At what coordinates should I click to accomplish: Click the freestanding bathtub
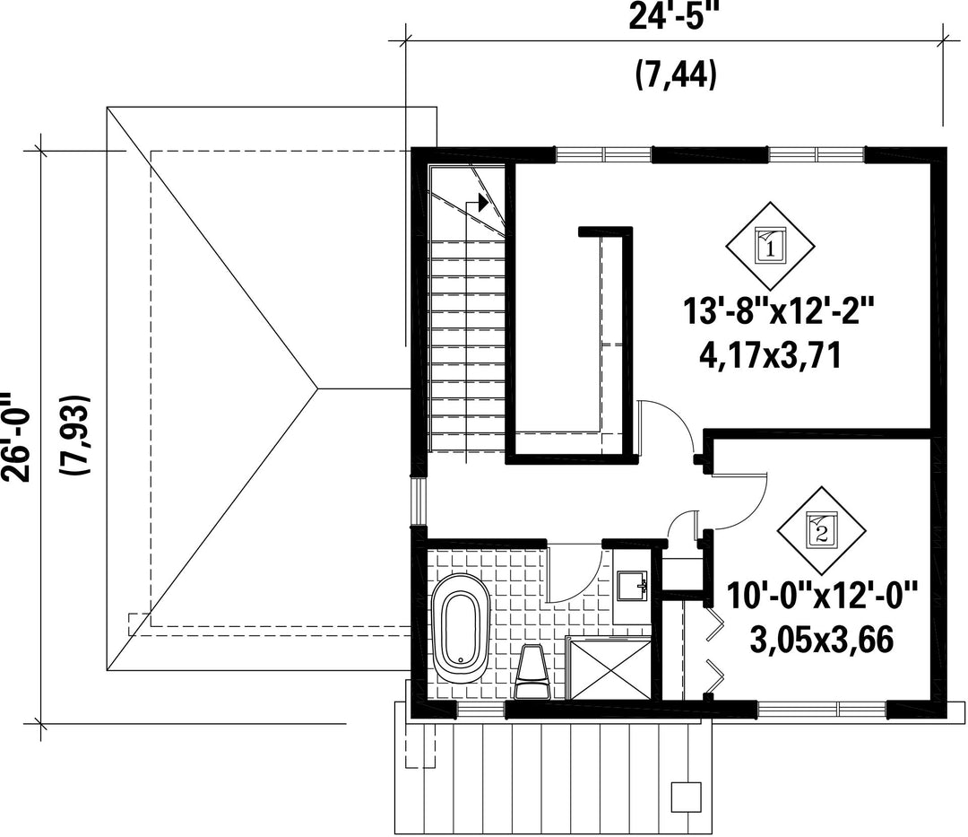462,629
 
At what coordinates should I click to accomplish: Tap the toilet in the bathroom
532,672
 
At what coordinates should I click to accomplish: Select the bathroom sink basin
631,585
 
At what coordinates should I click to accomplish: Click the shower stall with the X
609,668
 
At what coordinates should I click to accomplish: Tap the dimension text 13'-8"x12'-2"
779,311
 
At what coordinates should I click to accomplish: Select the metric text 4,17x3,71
770,356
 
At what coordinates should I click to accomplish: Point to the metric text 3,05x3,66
822,640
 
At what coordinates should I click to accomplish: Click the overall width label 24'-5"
675,16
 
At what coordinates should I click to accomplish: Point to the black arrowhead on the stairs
483,202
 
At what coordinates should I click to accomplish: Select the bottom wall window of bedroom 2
822,709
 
